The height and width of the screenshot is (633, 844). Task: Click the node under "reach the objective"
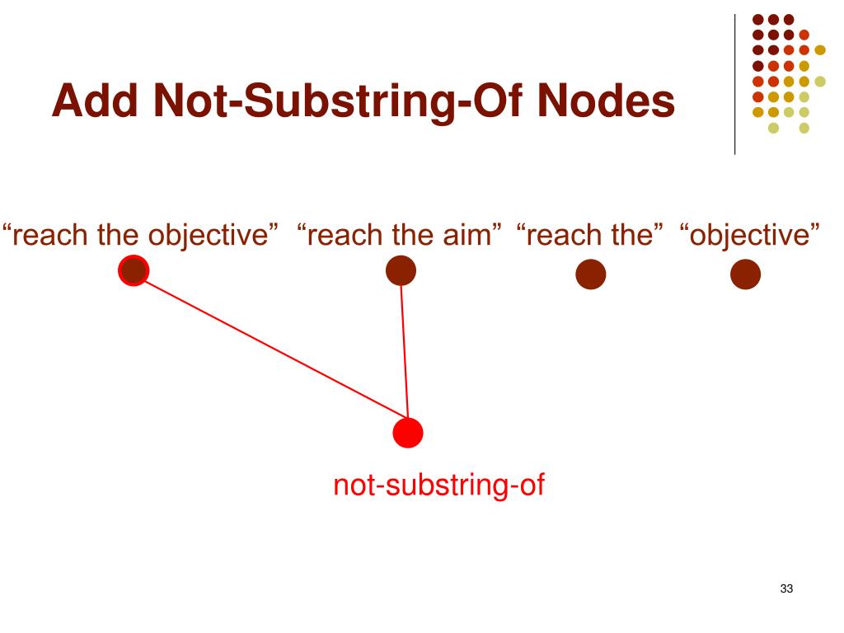(x=134, y=270)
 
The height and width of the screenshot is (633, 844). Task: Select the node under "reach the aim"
(x=401, y=270)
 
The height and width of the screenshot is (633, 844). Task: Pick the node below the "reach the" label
(x=590, y=275)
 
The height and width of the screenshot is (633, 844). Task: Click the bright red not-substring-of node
(x=408, y=432)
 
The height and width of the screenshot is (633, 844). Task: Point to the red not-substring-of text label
(x=439, y=485)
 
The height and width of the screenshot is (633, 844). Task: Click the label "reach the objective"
(x=139, y=235)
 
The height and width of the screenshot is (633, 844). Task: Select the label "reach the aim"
(x=401, y=235)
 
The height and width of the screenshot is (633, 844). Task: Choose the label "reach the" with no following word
(x=590, y=235)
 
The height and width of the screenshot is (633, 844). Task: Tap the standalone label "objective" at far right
(x=750, y=235)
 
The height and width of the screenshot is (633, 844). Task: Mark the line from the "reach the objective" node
(x=272, y=345)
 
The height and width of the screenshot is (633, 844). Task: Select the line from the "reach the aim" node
(x=404, y=346)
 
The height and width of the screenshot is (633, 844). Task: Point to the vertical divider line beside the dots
(x=734, y=82)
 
